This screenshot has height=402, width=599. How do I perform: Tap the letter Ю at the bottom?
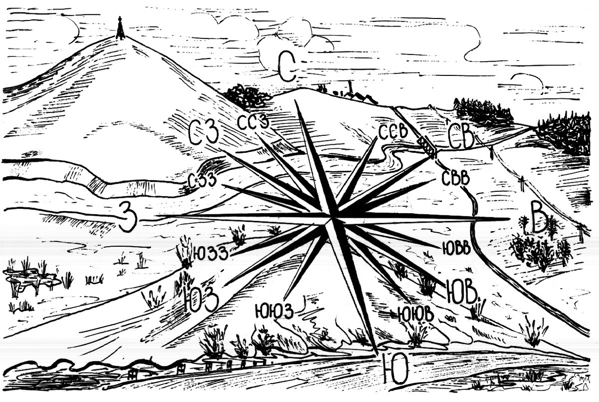click(395, 369)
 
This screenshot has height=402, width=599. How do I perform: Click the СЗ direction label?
click(204, 132)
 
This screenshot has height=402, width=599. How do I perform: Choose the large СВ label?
click(460, 136)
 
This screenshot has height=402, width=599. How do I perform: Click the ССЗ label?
click(253, 122)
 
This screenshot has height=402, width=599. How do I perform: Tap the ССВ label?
click(393, 132)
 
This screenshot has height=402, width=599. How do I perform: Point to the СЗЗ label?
click(202, 181)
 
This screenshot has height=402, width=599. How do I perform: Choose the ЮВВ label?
click(456, 247)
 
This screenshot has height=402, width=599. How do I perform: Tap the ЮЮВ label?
click(415, 314)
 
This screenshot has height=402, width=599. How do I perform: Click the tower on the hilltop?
click(120, 28)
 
